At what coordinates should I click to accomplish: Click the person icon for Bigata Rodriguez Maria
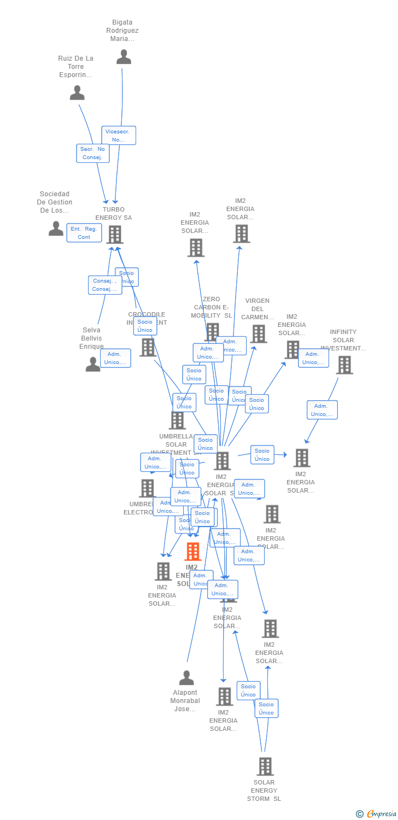[124, 57]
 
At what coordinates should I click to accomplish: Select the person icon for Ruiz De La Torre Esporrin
[77, 93]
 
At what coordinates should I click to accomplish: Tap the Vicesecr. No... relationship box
[119, 136]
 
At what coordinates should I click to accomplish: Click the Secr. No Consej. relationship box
[93, 154]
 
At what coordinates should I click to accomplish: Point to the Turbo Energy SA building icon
[114, 235]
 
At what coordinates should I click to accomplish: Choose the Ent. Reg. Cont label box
[84, 233]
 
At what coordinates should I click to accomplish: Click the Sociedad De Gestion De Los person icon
[56, 229]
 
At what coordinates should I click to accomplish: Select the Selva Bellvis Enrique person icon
[93, 364]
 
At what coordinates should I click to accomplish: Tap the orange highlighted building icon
[192, 552]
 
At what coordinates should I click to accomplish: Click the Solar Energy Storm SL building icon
[265, 766]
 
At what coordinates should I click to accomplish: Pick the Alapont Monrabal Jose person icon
[186, 678]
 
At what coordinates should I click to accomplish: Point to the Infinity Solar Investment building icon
[344, 365]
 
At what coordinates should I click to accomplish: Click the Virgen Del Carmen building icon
[258, 333]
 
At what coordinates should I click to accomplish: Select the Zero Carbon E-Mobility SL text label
[211, 307]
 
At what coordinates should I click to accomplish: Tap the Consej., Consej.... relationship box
[105, 285]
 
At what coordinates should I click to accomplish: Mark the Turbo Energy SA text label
[114, 214]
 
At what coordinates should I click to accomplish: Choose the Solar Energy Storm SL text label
[264, 790]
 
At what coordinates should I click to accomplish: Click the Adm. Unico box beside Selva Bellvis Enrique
[115, 358]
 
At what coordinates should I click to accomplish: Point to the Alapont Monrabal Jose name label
[185, 701]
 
